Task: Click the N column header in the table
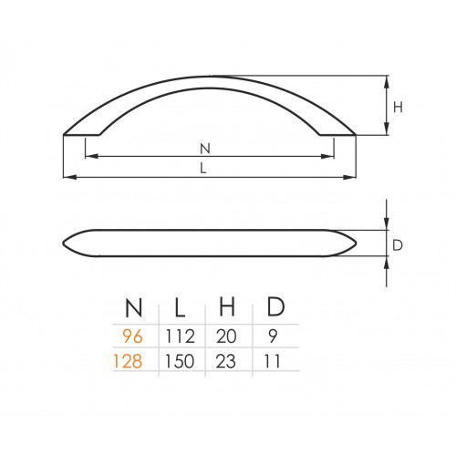pyautogui.click(x=134, y=307)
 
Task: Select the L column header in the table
pyautogui.click(x=180, y=307)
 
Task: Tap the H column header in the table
pyautogui.click(x=227, y=307)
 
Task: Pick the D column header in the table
pyautogui.click(x=275, y=307)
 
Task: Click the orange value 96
pyautogui.click(x=132, y=337)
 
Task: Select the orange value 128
pyautogui.click(x=128, y=361)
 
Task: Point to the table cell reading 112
pyautogui.click(x=180, y=337)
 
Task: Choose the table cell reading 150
pyautogui.click(x=180, y=361)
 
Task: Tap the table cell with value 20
pyautogui.click(x=226, y=337)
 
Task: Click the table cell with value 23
pyautogui.click(x=225, y=361)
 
